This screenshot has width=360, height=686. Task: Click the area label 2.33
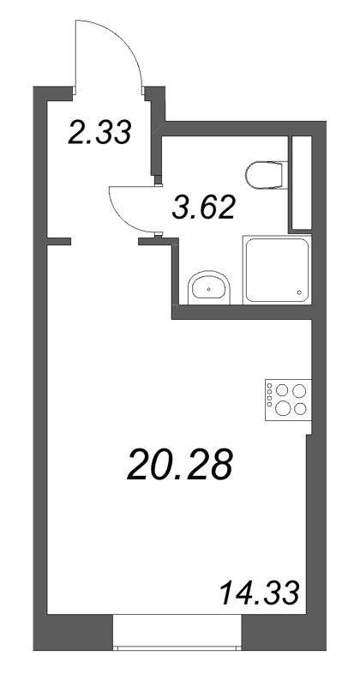pos(99,134)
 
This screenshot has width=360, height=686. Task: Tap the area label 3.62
pos(203,207)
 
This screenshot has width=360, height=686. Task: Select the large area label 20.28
pos(179,466)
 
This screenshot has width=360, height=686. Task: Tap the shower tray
pos(276,269)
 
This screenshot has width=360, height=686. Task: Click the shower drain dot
pos(299,292)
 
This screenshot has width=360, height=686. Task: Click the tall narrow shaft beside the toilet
pos(300,183)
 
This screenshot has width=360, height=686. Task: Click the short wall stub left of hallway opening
pos(57,239)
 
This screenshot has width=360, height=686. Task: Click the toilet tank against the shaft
pos(282,176)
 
